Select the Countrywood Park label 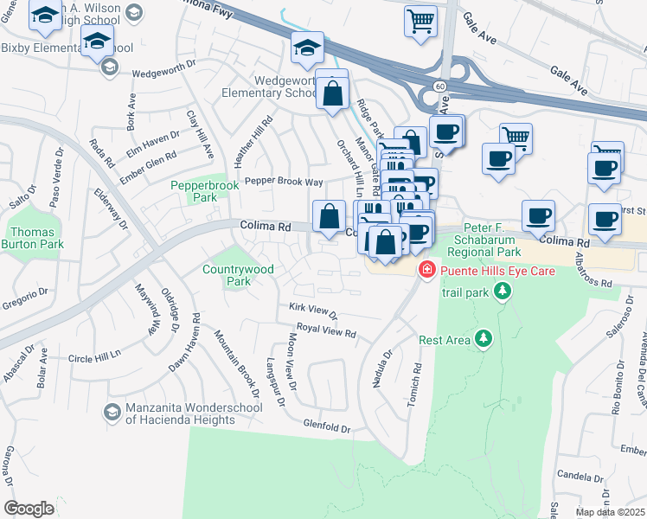pyautogui.click(x=238, y=275)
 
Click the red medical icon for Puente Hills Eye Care pyautogui.click(x=426, y=272)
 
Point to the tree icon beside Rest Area pyautogui.click(x=484, y=339)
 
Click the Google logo pyautogui.click(x=29, y=508)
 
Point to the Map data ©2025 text pyautogui.click(x=610, y=512)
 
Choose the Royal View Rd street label pyautogui.click(x=326, y=330)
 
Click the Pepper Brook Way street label pyautogui.click(x=283, y=182)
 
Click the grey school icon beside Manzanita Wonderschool pyautogui.click(x=111, y=409)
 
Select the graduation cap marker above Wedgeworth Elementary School pyautogui.click(x=307, y=48)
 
